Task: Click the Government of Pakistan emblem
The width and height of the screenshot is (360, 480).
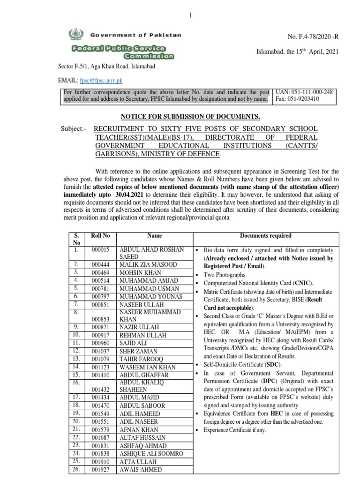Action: pos(75,35)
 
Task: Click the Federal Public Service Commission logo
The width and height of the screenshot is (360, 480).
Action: pos(123,52)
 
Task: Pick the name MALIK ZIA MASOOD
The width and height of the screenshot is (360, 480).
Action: pos(148,265)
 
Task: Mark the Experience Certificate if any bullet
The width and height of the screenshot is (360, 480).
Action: pos(234,430)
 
